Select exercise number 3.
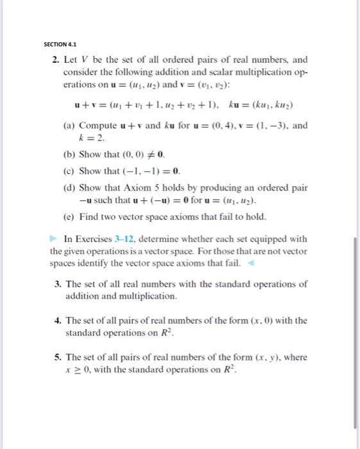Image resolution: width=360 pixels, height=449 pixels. pos(69,283)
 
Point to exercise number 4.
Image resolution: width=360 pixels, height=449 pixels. pos(69,320)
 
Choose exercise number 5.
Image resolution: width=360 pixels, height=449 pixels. pos(69,357)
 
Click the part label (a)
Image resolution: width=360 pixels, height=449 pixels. pos(70,126)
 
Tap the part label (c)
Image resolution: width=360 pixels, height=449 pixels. pos(70,171)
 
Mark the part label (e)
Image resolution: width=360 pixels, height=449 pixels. pos(70,217)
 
